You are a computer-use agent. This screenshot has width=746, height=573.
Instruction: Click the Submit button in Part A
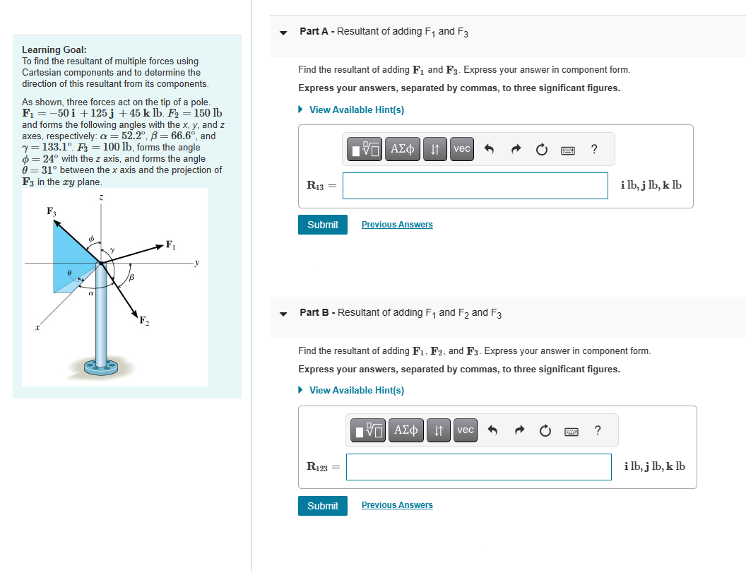coord(323,225)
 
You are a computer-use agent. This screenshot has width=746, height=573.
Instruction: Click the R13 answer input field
coord(475,186)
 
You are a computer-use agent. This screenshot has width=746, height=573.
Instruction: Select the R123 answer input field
coord(478,467)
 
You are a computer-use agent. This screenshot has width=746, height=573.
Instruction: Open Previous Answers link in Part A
coord(397,225)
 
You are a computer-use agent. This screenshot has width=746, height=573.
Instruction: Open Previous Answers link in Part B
coord(397,505)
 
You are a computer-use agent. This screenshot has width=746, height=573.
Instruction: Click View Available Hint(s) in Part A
coord(356,110)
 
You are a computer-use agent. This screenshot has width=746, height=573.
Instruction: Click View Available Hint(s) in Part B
coord(356,390)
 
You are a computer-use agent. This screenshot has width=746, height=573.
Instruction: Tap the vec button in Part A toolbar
coord(461,149)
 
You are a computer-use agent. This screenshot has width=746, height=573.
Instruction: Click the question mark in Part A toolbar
coord(593,149)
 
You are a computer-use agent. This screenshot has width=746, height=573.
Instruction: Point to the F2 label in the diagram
coord(144,321)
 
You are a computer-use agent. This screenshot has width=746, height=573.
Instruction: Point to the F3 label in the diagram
coord(51,211)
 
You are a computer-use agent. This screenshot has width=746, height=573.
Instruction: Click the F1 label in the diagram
coord(170,245)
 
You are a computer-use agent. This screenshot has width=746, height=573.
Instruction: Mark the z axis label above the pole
coord(102,200)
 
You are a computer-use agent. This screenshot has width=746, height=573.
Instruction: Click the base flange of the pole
coord(102,366)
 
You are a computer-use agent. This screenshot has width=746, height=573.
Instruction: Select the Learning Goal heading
coord(54,49)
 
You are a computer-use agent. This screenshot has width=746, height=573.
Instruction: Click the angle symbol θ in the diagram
coord(69,271)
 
